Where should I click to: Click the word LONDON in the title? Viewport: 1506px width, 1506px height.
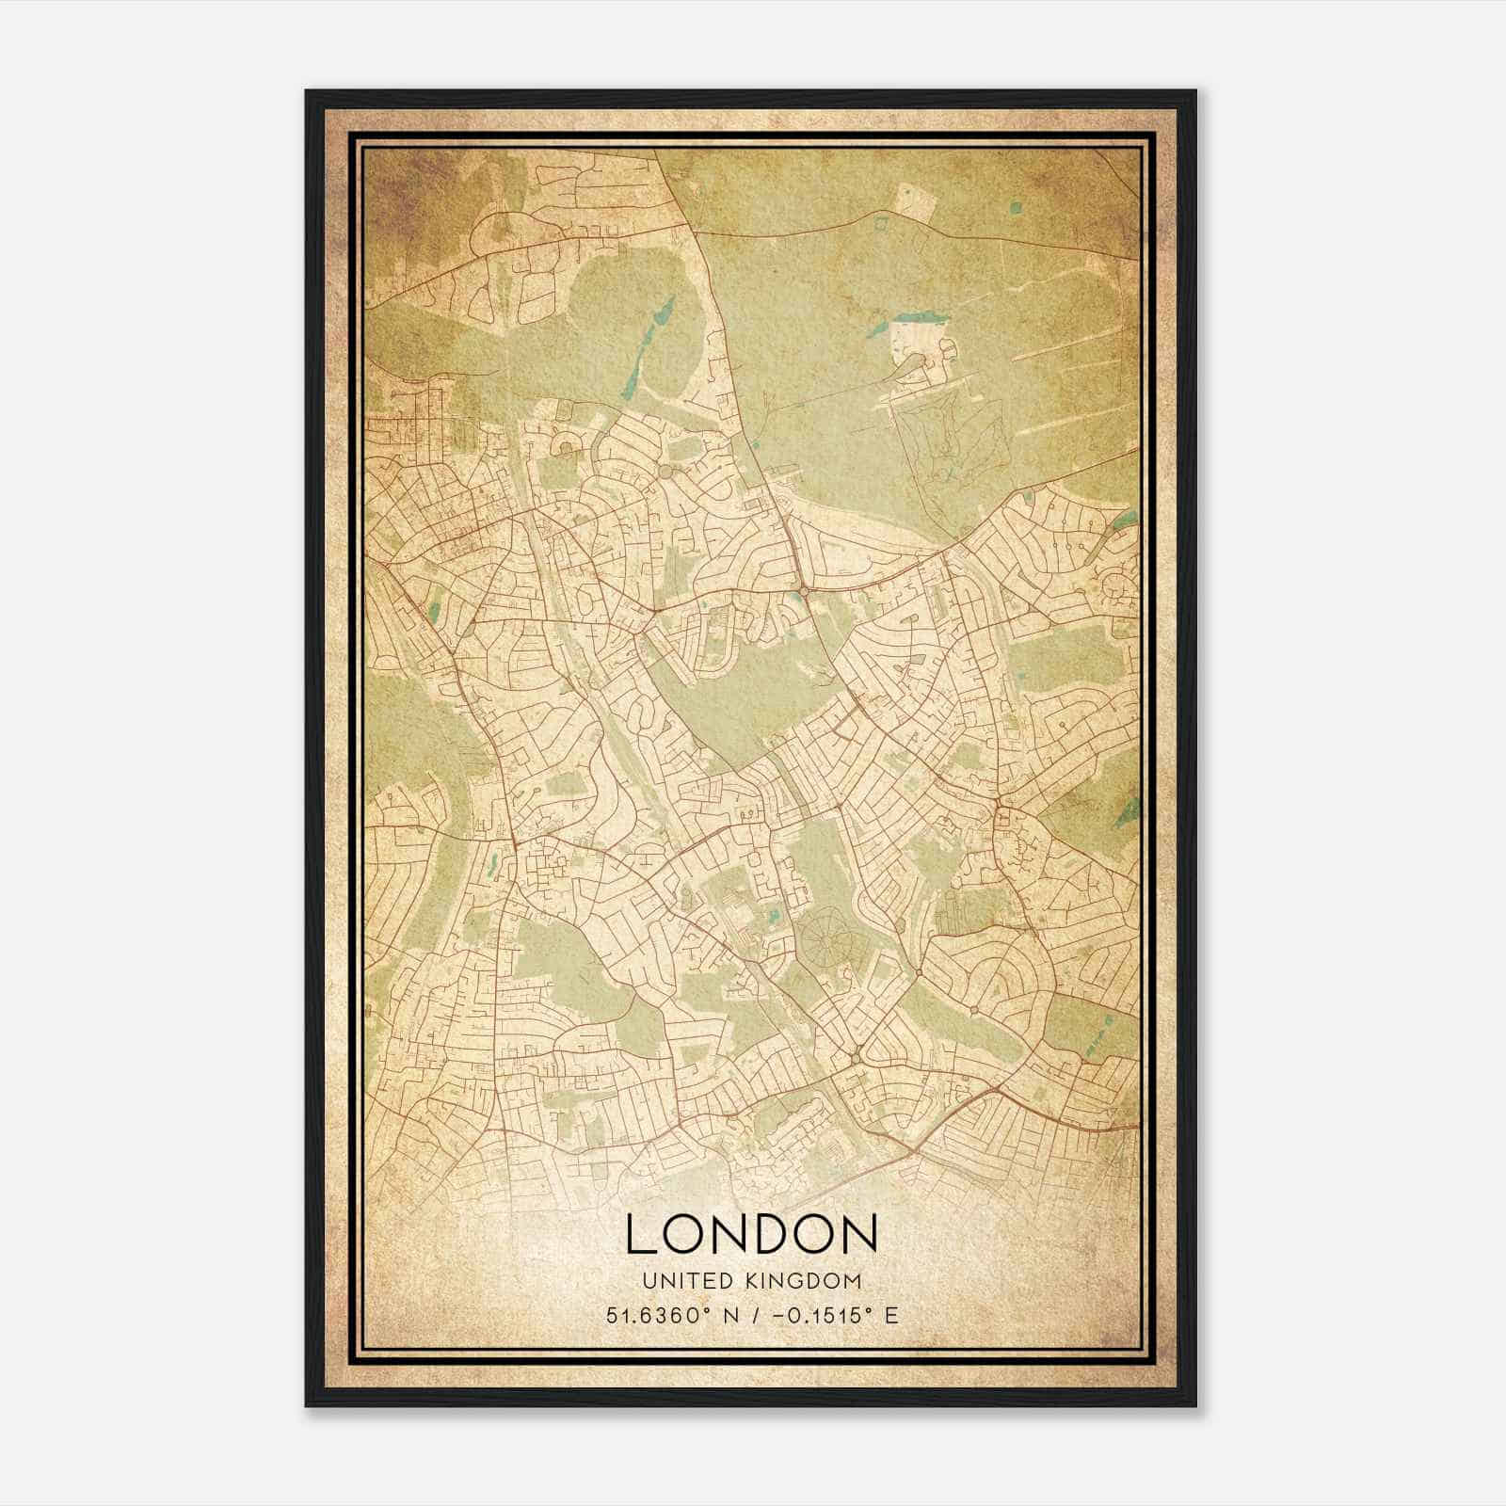point(751,1234)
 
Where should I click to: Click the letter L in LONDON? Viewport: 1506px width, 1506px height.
point(640,1234)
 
